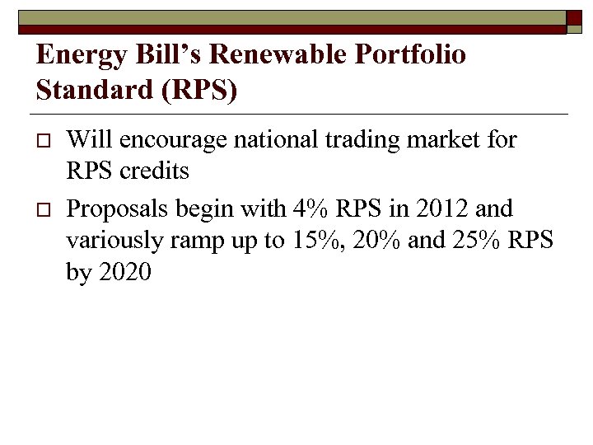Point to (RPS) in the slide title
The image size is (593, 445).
click(202, 90)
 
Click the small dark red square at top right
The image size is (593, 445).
click(574, 22)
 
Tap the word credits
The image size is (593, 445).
click(154, 171)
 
